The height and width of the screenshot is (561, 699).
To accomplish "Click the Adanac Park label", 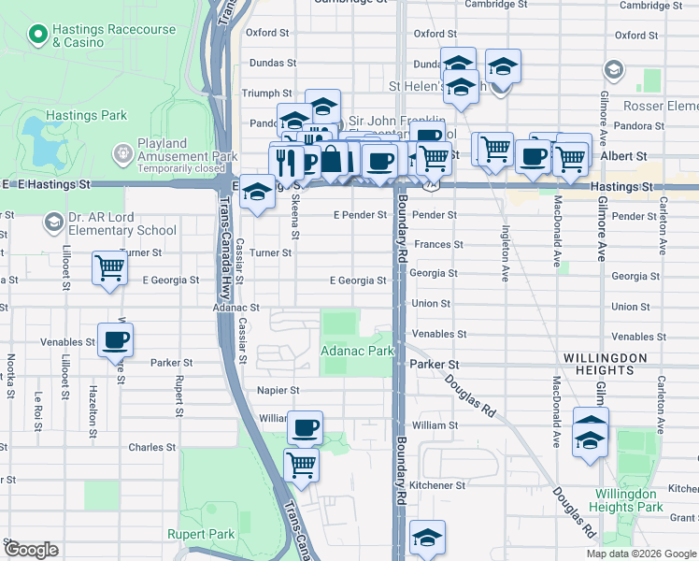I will (x=356, y=351).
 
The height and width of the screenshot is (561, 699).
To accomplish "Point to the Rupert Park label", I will (x=193, y=534).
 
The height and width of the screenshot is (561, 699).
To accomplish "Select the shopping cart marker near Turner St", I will (x=110, y=267).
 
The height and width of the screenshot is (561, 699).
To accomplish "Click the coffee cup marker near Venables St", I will (x=115, y=339).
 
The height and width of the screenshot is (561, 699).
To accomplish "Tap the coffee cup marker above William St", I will (x=305, y=428).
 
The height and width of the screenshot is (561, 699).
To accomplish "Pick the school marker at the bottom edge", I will (x=427, y=537).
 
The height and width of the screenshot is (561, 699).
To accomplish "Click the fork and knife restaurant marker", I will (x=287, y=160).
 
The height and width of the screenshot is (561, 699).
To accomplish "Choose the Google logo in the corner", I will (x=32, y=550).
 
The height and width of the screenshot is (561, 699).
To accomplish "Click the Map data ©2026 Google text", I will (x=640, y=554).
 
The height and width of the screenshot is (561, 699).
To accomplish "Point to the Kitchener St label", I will (x=437, y=486).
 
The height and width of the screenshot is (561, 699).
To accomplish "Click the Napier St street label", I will (x=278, y=390).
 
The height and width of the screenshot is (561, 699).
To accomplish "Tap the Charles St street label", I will (x=147, y=448).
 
